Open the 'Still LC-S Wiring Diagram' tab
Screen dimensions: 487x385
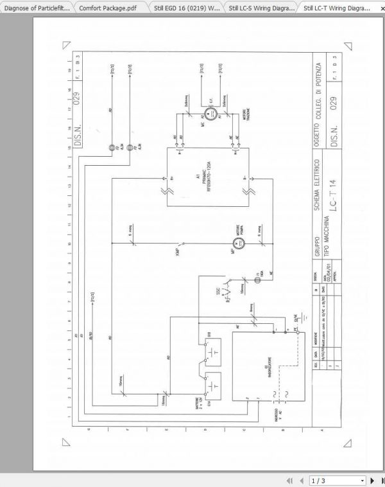(261, 8)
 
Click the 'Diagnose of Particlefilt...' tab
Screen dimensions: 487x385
(37, 8)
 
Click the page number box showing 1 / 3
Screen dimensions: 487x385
(336, 480)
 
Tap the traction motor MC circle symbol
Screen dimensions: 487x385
(209, 114)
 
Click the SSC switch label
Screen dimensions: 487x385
(218, 290)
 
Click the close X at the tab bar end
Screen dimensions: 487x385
(379, 8)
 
